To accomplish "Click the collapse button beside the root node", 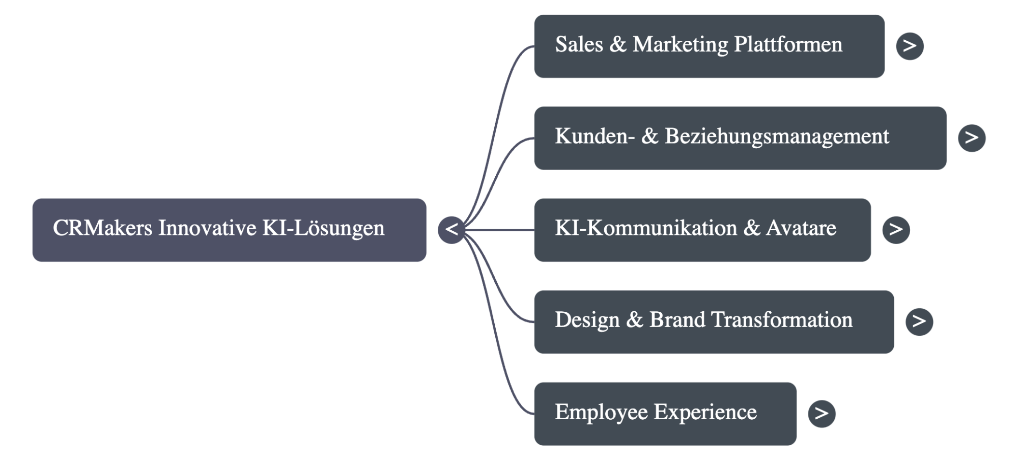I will (451, 230).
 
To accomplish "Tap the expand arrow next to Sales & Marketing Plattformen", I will (910, 46).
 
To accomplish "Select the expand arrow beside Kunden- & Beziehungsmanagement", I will (972, 138).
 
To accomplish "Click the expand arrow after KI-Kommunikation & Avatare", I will (896, 230).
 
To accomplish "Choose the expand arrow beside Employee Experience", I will (822, 413).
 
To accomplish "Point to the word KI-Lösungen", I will (323, 228).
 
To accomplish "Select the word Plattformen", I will (788, 45).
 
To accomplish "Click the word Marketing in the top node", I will (680, 45).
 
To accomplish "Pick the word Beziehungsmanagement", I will (777, 137).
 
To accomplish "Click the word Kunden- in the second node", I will (595, 137).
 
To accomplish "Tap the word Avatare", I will (801, 228).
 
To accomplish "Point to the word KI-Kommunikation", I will (645, 228).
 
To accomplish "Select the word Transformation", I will (781, 320).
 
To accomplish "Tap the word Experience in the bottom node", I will (705, 412).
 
